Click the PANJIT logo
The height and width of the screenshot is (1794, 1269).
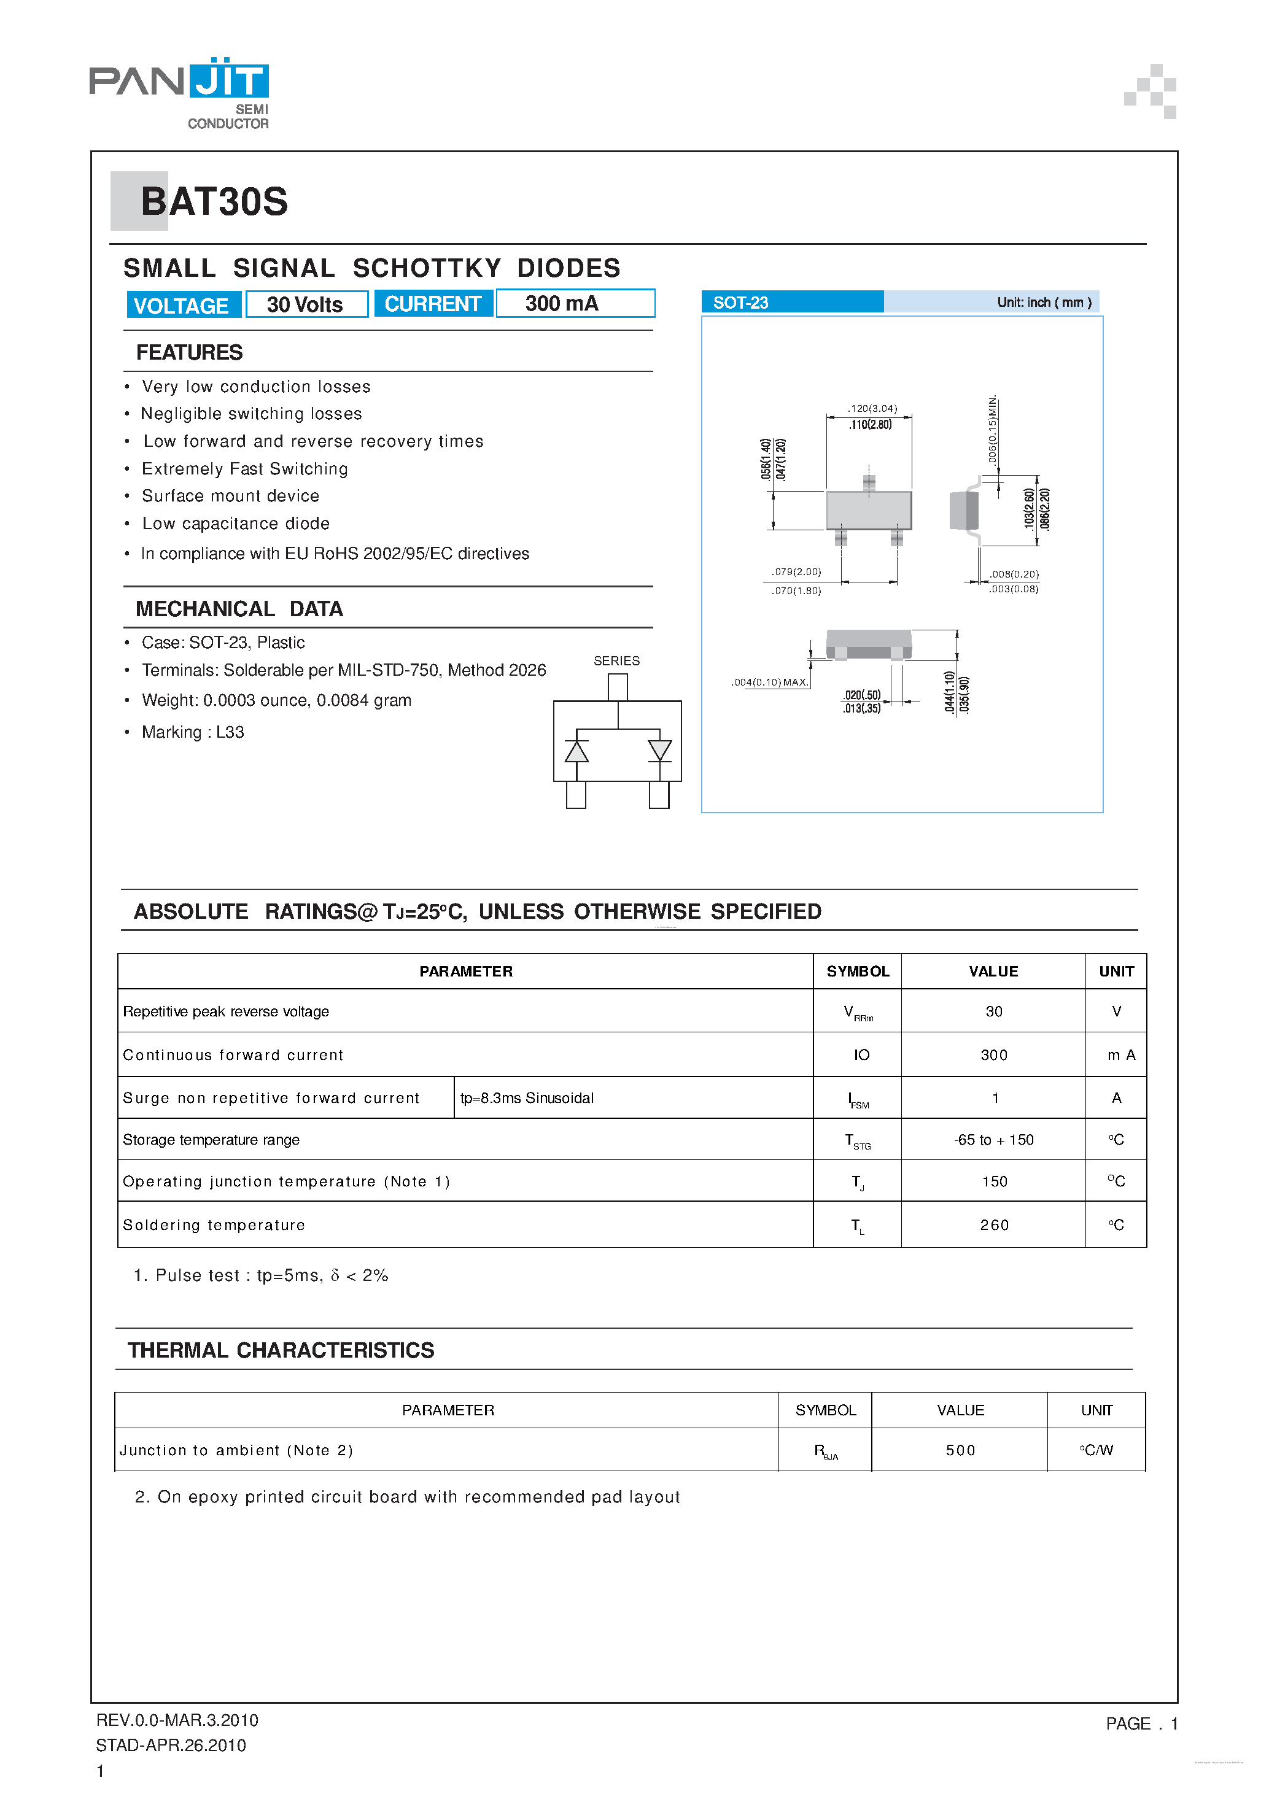pos(179,91)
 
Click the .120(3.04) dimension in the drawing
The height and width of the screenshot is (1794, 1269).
pos(872,408)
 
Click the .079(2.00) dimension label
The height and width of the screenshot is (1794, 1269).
pos(796,572)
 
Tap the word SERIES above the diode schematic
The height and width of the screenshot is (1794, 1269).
pos(616,661)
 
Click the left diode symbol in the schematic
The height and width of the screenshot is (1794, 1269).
pos(576,751)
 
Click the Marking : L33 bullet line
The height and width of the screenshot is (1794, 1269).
pos(192,732)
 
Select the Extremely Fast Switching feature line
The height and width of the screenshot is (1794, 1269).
pos(244,469)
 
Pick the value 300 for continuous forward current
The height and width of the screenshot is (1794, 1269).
pos(994,1055)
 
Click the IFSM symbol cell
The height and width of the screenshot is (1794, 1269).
pos(858,1099)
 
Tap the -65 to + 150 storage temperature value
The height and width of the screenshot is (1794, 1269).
pos(993,1140)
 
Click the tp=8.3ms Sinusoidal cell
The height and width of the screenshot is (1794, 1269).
pos(527,1098)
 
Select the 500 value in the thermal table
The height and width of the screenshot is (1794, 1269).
pos(960,1450)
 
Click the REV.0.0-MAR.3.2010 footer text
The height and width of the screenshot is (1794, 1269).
pos(177,1720)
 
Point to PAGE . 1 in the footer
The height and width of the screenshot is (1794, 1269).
pos(1141,1723)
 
